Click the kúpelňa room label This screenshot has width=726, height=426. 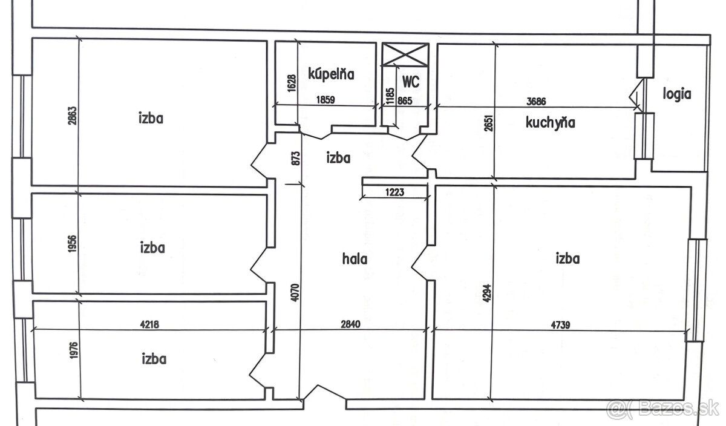(x=331, y=74)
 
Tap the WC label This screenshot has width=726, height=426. (x=411, y=81)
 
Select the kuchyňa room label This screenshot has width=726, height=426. (x=551, y=123)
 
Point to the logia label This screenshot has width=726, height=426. (x=677, y=94)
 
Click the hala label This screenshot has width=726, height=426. (x=355, y=260)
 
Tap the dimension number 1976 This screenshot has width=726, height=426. (x=74, y=350)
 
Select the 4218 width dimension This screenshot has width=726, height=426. (x=149, y=324)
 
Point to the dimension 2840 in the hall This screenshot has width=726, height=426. (x=350, y=324)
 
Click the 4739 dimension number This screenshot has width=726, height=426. (x=560, y=324)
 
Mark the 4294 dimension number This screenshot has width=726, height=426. (x=487, y=293)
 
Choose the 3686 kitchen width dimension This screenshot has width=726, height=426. (x=536, y=102)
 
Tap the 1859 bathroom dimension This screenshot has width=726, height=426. (x=325, y=99)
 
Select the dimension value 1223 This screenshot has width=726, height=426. (x=394, y=192)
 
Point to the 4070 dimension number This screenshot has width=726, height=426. (x=295, y=293)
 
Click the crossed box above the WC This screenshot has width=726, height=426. (x=405, y=54)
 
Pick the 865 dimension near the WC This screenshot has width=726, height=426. (x=405, y=100)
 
